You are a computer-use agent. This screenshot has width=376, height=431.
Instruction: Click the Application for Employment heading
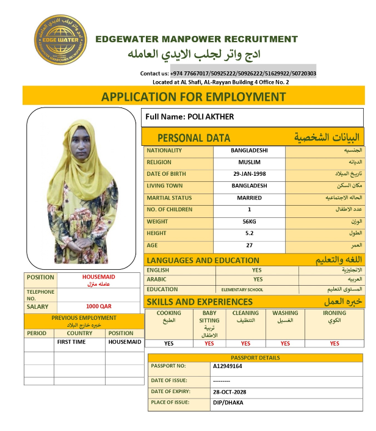193,96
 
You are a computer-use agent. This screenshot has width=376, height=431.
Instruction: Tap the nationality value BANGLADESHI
249,150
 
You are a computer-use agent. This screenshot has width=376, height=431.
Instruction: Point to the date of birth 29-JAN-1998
249,174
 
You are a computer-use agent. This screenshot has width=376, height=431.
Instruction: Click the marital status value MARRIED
249,198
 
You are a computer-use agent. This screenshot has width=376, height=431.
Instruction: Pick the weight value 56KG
249,222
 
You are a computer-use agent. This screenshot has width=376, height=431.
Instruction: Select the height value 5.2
249,233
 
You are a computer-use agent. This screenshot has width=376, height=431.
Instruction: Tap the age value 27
249,245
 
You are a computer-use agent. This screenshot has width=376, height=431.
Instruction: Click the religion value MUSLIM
249,162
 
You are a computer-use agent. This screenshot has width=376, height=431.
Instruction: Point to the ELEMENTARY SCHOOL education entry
242,289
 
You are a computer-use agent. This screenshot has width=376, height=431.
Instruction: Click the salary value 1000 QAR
98,306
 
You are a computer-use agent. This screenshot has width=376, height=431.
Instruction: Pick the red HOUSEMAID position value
98,277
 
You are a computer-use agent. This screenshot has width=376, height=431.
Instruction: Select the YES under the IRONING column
334,343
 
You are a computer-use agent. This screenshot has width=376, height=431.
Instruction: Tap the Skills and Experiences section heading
193,302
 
